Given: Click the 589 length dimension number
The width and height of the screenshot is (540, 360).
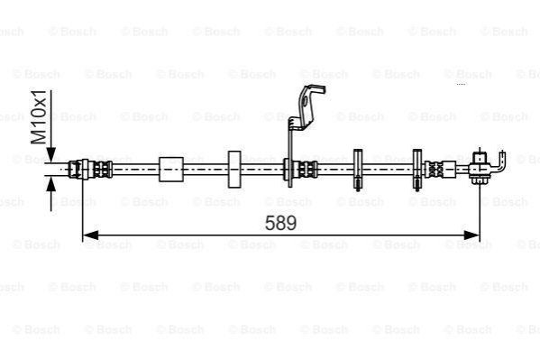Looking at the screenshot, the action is pos(280,223).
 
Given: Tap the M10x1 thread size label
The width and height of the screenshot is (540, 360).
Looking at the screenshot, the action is pos(39,117).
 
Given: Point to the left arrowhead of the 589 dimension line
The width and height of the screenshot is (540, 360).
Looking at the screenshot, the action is pos(91,235).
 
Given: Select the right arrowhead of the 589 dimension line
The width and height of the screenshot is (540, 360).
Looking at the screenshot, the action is pos(471,235).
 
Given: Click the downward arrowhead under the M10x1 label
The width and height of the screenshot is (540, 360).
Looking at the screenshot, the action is pos(50,154).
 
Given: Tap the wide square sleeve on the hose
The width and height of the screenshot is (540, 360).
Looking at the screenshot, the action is pos(170,170).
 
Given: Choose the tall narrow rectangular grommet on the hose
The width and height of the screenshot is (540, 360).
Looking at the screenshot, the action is pos(234,170).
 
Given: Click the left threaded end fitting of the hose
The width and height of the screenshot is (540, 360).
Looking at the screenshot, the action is pos(90,170).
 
